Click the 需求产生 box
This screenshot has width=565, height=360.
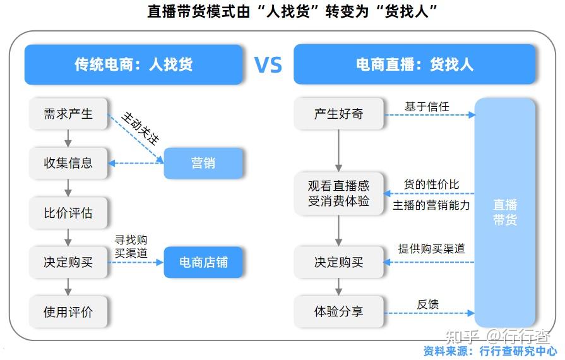[68, 114]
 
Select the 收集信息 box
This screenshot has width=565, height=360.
[68, 163]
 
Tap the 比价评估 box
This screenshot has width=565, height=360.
[68, 213]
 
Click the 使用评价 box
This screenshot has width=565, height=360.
[68, 312]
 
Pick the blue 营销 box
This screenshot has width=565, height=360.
[203, 163]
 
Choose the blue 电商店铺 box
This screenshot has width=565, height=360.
[203, 262]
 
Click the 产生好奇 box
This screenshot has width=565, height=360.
[338, 114]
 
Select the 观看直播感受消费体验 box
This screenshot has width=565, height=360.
[338, 194]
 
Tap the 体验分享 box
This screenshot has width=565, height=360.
[338, 312]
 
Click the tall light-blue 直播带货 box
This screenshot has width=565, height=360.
[505, 212]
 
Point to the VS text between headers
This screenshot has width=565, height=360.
[268, 65]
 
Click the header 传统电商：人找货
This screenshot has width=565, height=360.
[133, 64]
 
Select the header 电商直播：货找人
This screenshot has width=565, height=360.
[415, 64]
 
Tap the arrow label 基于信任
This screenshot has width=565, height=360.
[427, 107]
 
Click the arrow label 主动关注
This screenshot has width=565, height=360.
[140, 129]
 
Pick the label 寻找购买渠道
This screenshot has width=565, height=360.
[131, 246]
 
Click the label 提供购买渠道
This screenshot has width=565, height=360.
[431, 249]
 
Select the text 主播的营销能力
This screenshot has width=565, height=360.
[431, 205]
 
